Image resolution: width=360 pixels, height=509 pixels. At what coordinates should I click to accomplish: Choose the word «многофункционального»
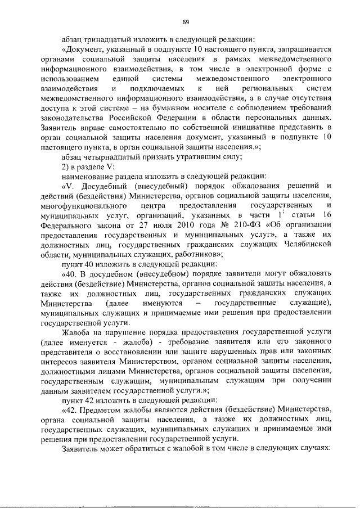pos(83,207)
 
